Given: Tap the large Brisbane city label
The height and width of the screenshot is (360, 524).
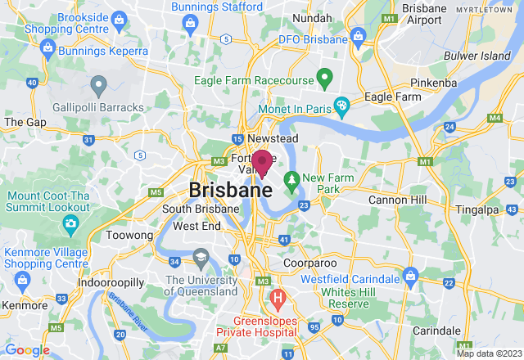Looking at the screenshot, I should pos(230,190).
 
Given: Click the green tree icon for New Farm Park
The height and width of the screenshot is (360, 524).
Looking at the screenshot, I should pos(290,178).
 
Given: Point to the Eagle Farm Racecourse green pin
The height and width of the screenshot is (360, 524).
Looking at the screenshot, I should pos(324,80).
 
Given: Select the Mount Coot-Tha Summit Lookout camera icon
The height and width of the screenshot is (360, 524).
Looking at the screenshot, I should pos(71,223).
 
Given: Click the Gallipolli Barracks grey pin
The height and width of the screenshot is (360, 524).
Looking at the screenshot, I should pos(99,83).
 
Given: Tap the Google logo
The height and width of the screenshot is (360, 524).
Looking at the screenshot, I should pos(26,350).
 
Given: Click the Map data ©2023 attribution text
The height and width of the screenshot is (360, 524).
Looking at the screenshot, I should pos(488,353).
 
